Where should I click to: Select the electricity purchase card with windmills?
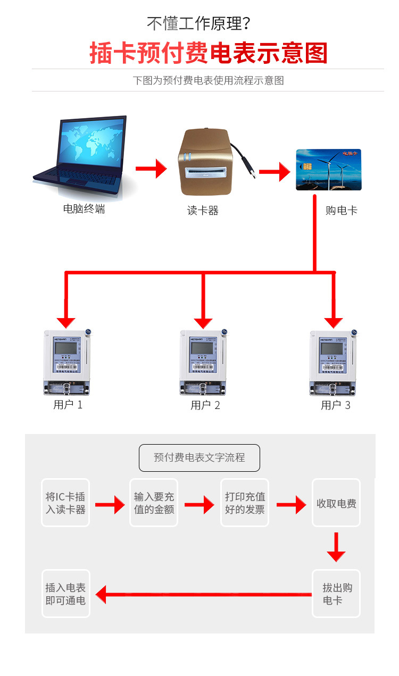pyautogui.click(x=328, y=170)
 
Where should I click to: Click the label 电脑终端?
pyautogui.click(x=84, y=209)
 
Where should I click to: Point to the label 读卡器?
pyautogui.click(x=203, y=211)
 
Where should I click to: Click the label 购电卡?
pyautogui.click(x=342, y=210)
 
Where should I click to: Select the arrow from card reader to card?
pyautogui.click(x=274, y=172)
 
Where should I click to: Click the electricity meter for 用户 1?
pyautogui.click(x=67, y=363)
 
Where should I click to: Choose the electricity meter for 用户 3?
pyautogui.click(x=333, y=363)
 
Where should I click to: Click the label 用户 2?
pyautogui.click(x=205, y=405)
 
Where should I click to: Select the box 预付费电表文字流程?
pyautogui.click(x=199, y=457)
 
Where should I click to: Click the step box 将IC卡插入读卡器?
pyautogui.click(x=65, y=503)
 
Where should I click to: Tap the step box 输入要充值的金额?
pyautogui.click(x=154, y=503)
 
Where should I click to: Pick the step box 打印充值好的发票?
pyautogui.click(x=245, y=503)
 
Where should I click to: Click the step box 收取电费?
pyautogui.click(x=336, y=503)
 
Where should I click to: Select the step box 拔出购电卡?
pyautogui.click(x=336, y=594)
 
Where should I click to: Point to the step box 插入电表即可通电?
pyautogui.click(x=65, y=594)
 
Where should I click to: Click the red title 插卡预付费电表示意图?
pyautogui.click(x=208, y=54)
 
